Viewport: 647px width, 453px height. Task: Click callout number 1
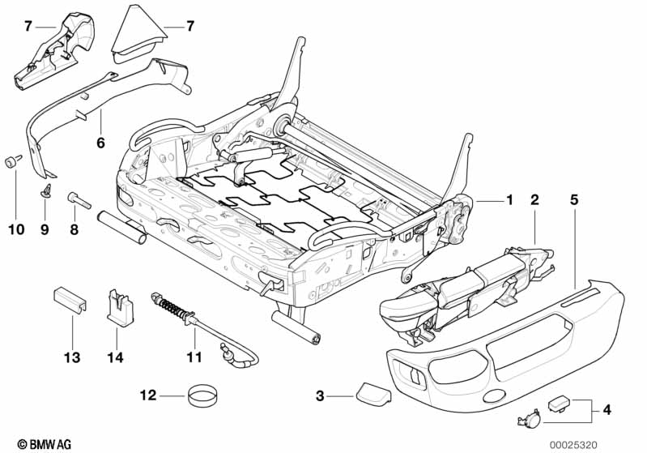(509, 199)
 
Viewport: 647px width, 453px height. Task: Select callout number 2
(534, 199)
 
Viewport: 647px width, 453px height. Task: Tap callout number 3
(321, 396)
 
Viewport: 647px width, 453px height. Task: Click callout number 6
(100, 143)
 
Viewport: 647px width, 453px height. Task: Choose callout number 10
(16, 229)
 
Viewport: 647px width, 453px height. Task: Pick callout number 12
(147, 396)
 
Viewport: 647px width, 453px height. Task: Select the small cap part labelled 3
(372, 396)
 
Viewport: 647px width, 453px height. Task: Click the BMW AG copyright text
(39, 443)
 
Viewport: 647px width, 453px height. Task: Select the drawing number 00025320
(600, 443)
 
